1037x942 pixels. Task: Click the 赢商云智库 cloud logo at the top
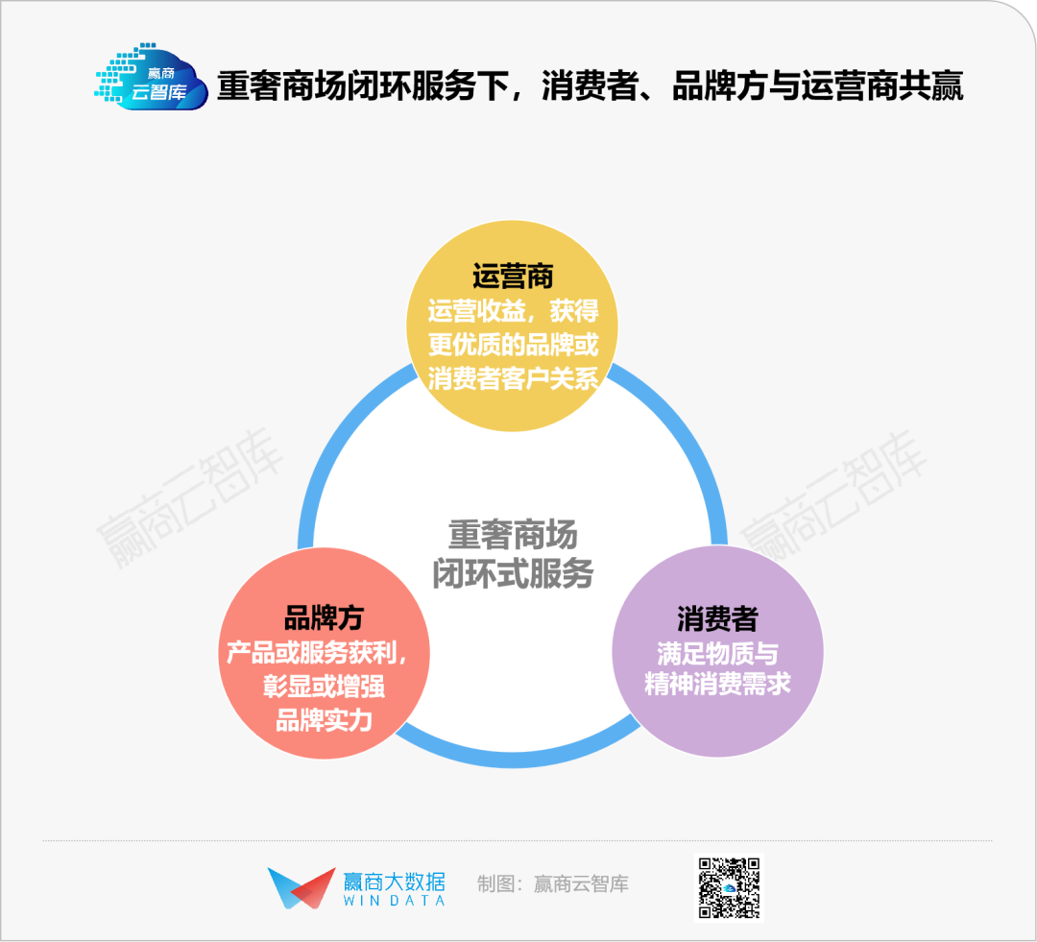click(x=152, y=77)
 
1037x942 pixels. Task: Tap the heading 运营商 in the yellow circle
click(x=513, y=277)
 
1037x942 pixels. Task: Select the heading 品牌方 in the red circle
click(x=324, y=617)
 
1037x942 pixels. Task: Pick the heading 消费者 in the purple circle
click(x=717, y=619)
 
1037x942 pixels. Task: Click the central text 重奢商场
click(x=513, y=535)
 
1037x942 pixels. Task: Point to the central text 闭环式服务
click(x=513, y=573)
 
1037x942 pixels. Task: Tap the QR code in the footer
click(x=730, y=888)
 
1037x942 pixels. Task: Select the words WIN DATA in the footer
click(x=395, y=901)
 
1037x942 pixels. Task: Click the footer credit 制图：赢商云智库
click(x=553, y=883)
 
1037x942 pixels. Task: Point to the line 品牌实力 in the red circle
click(x=324, y=720)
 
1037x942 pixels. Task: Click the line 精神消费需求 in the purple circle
click(x=717, y=684)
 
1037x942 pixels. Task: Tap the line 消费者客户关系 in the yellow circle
click(x=513, y=379)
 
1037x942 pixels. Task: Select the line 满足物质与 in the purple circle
click(x=717, y=654)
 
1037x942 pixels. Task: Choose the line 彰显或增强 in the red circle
click(x=324, y=686)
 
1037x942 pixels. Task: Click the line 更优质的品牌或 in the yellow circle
click(x=513, y=345)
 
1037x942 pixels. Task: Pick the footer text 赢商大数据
click(x=395, y=882)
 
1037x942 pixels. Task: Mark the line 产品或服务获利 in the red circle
click(x=315, y=652)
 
